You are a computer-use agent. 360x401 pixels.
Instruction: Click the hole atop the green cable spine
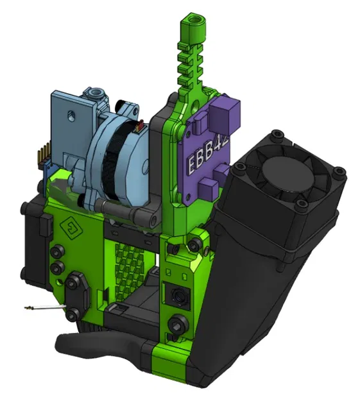[x=196, y=19]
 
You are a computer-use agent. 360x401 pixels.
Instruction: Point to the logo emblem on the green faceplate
[x=69, y=225]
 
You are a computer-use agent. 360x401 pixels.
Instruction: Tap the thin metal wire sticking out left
[x=45, y=311]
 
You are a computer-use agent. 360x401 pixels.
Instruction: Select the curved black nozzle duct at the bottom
[x=96, y=344]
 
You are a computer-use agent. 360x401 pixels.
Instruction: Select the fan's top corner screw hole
[x=277, y=135]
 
